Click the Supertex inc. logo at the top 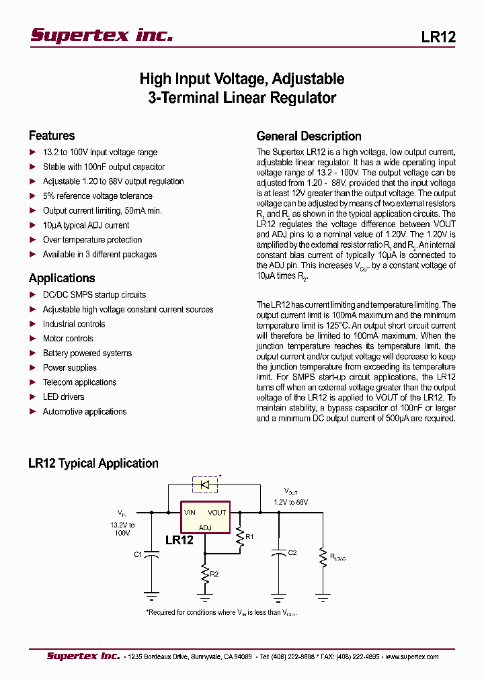pyautogui.click(x=102, y=36)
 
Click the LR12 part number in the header pyautogui.click(x=438, y=37)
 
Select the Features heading pyautogui.click(x=52, y=135)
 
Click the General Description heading pyautogui.click(x=309, y=136)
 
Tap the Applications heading pyautogui.click(x=62, y=278)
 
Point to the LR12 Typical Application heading pyautogui.click(x=93, y=463)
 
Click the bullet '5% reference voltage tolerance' pyautogui.click(x=97, y=196)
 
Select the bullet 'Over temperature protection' pyautogui.click(x=92, y=240)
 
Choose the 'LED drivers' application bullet pyautogui.click(x=63, y=397)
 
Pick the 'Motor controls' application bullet pyautogui.click(x=68, y=339)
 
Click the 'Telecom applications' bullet pyautogui.click(x=79, y=382)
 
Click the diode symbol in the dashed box pyautogui.click(x=206, y=484)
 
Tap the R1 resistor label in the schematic pyautogui.click(x=249, y=536)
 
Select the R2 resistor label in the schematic pyautogui.click(x=214, y=574)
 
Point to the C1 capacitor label pyautogui.click(x=138, y=554)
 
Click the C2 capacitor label pyautogui.click(x=292, y=553)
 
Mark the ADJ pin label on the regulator pyautogui.click(x=205, y=527)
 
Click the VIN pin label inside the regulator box pyautogui.click(x=190, y=513)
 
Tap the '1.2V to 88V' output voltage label pyautogui.click(x=290, y=502)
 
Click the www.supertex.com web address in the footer pyautogui.click(x=414, y=656)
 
